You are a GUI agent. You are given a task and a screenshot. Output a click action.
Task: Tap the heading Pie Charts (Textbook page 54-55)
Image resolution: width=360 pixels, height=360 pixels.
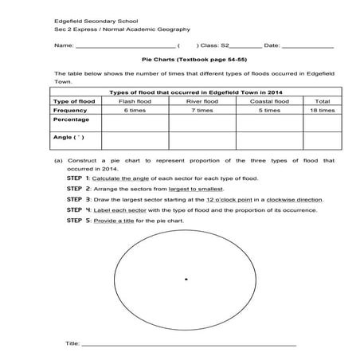[180, 59]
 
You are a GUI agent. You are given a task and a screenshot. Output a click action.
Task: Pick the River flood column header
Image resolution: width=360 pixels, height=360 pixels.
[202, 101]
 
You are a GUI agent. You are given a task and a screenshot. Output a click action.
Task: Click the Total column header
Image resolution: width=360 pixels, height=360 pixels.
[322, 101]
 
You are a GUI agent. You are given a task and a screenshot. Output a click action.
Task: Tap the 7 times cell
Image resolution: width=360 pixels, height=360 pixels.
[202, 110]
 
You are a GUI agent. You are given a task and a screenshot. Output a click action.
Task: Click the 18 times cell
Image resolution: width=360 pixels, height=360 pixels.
[322, 110]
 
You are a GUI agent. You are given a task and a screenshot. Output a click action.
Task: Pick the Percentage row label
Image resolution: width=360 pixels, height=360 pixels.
[71, 119]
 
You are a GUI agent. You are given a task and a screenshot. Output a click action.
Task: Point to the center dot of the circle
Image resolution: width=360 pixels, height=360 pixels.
[186, 279]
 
